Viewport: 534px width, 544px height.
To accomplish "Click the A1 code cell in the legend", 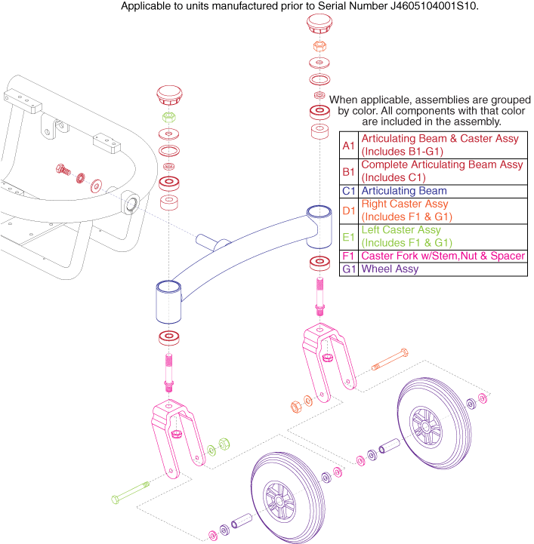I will (348, 145).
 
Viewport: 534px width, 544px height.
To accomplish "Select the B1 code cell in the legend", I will (348, 171).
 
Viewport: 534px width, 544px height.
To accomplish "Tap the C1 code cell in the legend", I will (348, 191).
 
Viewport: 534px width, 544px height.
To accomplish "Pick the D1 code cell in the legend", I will (348, 211).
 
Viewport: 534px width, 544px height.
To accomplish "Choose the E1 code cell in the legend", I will (348, 236).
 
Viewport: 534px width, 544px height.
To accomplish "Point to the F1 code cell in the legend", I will (348, 256).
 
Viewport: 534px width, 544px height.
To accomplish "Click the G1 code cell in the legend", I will (348, 269).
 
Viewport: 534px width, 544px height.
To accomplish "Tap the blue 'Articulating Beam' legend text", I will (403, 191).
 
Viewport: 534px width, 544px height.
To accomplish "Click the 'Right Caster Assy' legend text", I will (405, 204).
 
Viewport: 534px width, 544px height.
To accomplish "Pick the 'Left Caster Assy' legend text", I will (402, 229).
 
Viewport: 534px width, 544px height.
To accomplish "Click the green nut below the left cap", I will (169, 118).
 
